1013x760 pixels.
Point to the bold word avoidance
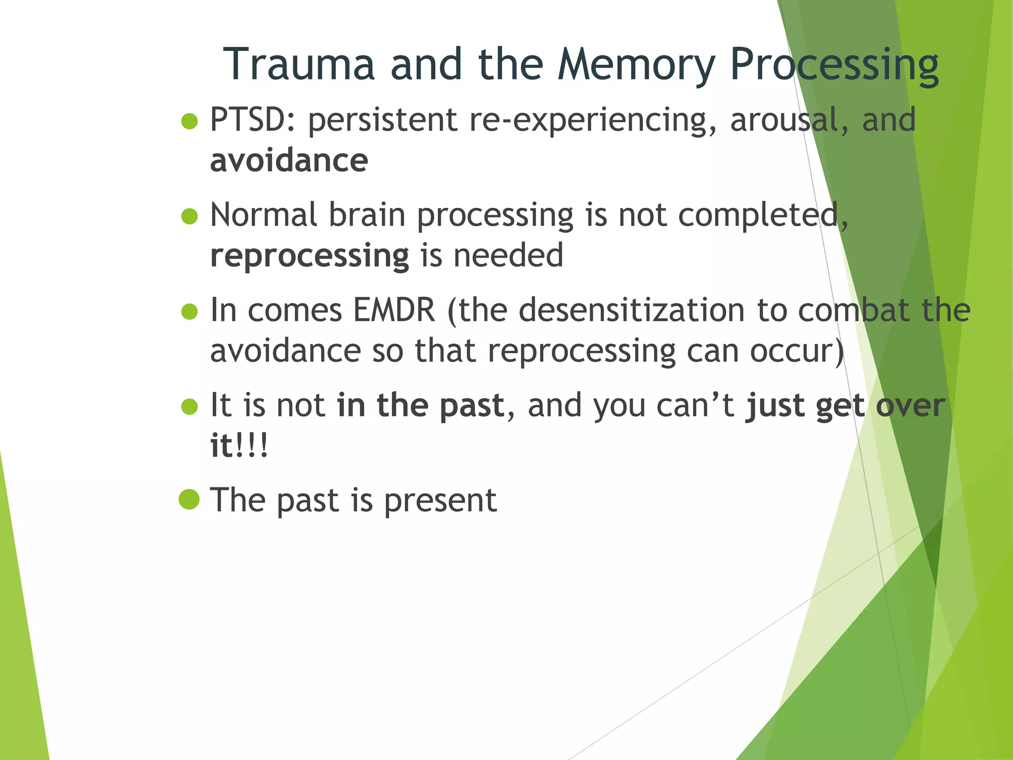click(289, 161)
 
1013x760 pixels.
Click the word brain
click(367, 215)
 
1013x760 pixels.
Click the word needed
click(508, 256)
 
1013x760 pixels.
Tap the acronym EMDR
click(394, 310)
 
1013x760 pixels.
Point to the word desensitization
click(632, 310)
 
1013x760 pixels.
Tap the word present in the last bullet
click(440, 501)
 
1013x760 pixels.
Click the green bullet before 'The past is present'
click(189, 500)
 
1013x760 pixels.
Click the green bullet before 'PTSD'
click(189, 121)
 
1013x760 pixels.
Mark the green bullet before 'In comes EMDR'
click(189, 312)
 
